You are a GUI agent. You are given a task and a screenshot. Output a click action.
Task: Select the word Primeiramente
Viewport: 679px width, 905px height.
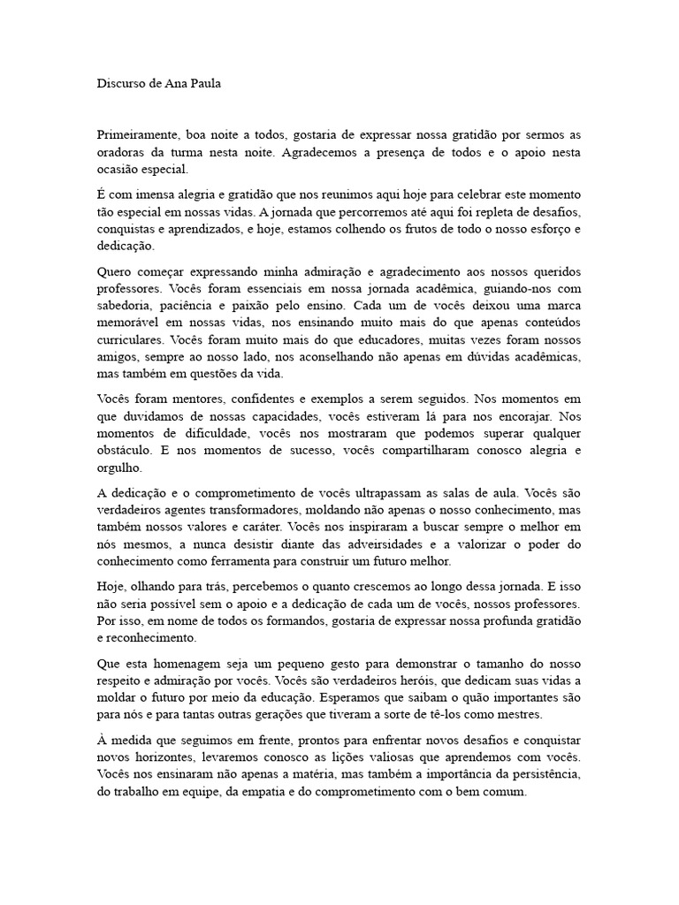click(x=137, y=135)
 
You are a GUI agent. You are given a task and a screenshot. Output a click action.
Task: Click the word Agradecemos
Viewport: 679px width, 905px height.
click(x=324, y=152)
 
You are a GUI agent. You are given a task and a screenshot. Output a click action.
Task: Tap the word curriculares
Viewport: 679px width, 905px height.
click(x=130, y=338)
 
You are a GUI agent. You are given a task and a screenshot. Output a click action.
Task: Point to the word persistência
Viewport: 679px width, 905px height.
click(x=539, y=775)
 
